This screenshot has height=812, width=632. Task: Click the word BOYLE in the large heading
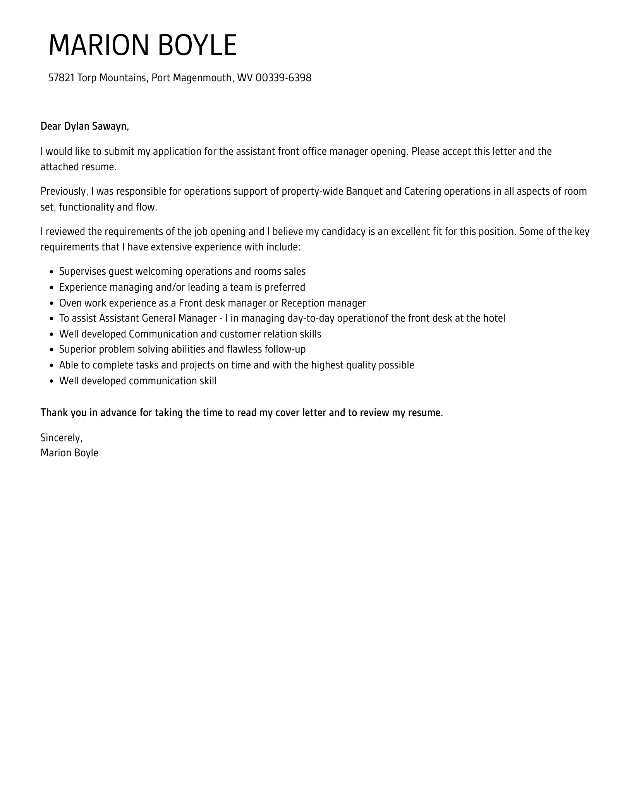point(197,45)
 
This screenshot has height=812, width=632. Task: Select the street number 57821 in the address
point(61,78)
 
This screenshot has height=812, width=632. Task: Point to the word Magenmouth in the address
point(203,78)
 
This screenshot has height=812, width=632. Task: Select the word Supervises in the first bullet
point(82,271)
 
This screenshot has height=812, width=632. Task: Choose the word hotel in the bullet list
point(494,319)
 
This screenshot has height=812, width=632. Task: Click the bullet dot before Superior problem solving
point(52,350)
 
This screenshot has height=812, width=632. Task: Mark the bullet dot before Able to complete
point(52,365)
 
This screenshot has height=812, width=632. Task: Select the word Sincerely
point(61,438)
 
